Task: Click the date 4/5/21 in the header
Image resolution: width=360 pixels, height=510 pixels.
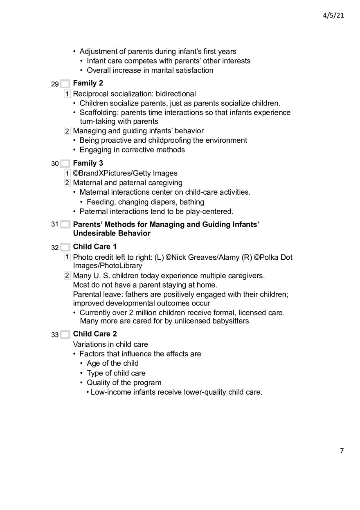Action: coord(333,15)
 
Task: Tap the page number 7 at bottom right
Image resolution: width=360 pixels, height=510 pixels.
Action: coord(342,451)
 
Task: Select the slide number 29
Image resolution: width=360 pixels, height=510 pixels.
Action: coord(55,84)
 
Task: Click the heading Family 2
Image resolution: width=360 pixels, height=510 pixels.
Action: coord(88,83)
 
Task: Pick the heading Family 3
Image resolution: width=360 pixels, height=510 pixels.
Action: coord(88,163)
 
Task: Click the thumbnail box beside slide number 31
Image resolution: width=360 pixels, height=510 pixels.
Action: coord(65,225)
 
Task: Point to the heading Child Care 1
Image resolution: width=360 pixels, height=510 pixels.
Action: coord(94,247)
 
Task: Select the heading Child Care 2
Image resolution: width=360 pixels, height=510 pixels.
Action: coord(94,334)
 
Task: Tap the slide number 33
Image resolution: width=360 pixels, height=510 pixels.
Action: coord(55,335)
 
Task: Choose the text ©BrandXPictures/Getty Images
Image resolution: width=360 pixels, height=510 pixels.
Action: coord(125,173)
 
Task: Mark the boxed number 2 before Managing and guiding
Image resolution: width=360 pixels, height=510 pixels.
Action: coord(67,131)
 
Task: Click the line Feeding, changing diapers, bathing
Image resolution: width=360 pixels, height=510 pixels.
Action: coord(145,202)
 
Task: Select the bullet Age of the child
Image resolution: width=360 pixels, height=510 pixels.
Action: coord(112,363)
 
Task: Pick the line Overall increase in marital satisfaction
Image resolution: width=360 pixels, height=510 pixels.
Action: coord(150,70)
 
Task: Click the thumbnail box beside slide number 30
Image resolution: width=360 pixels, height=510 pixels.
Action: coord(65,164)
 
